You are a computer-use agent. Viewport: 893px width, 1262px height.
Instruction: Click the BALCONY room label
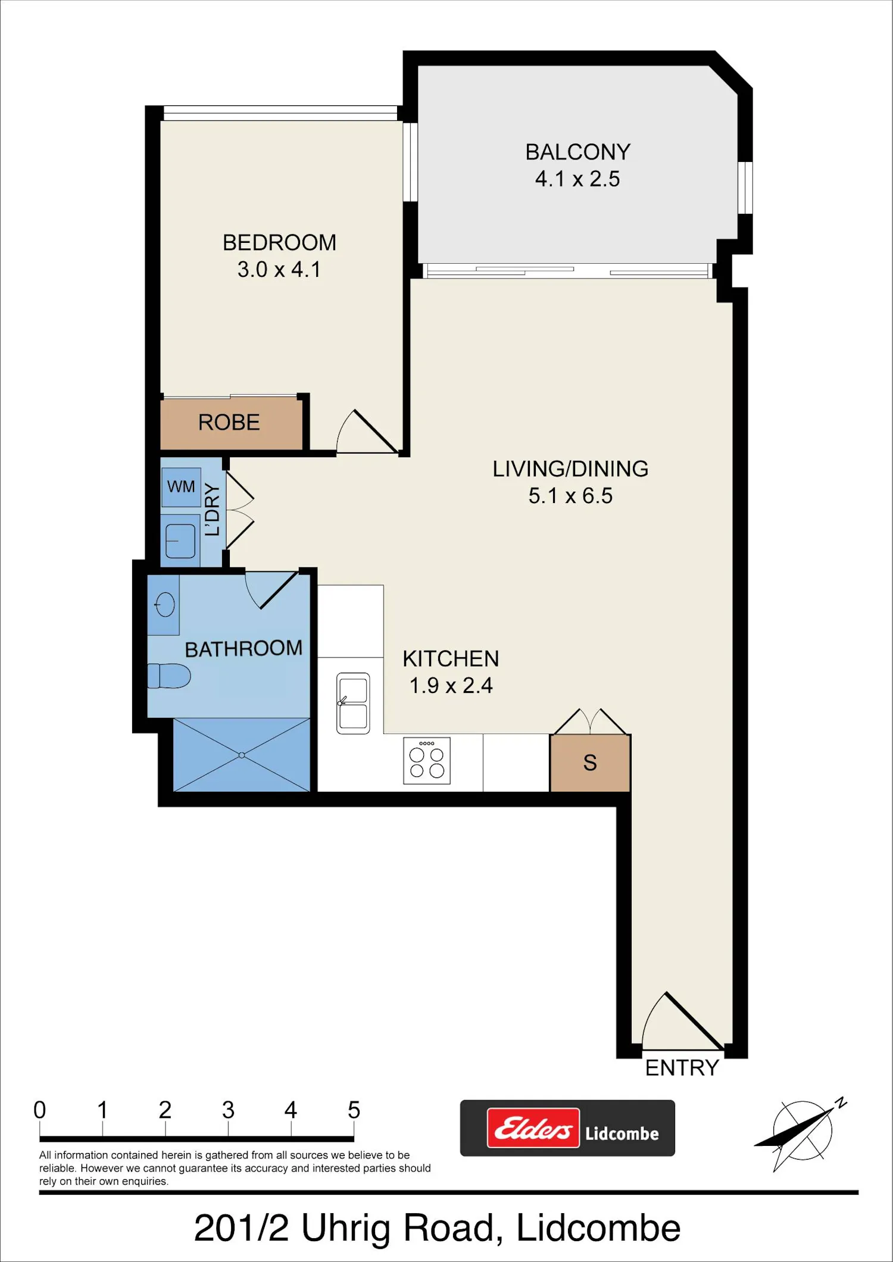point(577,152)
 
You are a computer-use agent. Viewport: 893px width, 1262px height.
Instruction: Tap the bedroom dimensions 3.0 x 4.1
point(279,270)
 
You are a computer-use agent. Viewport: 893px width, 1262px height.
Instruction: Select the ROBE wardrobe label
point(229,423)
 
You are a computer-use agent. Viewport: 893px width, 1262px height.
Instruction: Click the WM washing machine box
point(181,487)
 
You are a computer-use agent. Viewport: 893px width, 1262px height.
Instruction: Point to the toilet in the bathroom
point(169,676)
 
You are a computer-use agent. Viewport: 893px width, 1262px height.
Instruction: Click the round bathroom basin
point(165,605)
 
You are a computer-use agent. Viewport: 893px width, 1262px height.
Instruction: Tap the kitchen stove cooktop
point(427,761)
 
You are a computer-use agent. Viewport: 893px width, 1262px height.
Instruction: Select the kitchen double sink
point(353,703)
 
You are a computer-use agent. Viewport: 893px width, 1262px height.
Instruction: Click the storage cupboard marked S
point(590,763)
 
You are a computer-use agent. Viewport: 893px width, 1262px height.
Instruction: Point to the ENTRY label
point(682,1068)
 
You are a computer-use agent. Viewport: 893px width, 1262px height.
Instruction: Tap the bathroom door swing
point(271,590)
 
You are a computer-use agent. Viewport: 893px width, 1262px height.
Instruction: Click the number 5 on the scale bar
point(354,1110)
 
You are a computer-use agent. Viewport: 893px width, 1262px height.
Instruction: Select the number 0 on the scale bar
point(40,1110)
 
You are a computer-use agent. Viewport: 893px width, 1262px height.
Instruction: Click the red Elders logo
point(533,1128)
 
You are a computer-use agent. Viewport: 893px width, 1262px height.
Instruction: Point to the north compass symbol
point(801,1134)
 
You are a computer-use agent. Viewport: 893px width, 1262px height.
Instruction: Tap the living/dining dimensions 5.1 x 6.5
point(570,496)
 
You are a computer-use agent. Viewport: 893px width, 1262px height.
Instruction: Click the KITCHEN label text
point(451,659)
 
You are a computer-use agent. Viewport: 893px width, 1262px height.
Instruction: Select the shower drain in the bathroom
point(242,755)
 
